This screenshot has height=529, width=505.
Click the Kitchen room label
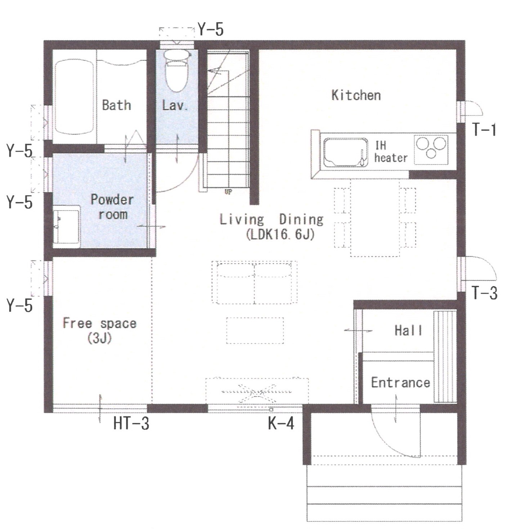(356, 95)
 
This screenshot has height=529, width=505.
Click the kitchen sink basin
(346, 153)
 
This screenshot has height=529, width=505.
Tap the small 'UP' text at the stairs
(228, 192)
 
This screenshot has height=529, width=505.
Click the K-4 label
(281, 424)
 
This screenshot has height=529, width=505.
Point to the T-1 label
(484, 130)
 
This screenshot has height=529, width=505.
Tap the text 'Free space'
(100, 323)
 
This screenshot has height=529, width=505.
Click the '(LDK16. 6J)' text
(280, 235)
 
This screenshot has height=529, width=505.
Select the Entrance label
(401, 383)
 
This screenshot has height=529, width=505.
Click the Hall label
(408, 330)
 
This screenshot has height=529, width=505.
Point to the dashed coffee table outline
(255, 331)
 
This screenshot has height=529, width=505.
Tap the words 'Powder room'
(113, 207)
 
